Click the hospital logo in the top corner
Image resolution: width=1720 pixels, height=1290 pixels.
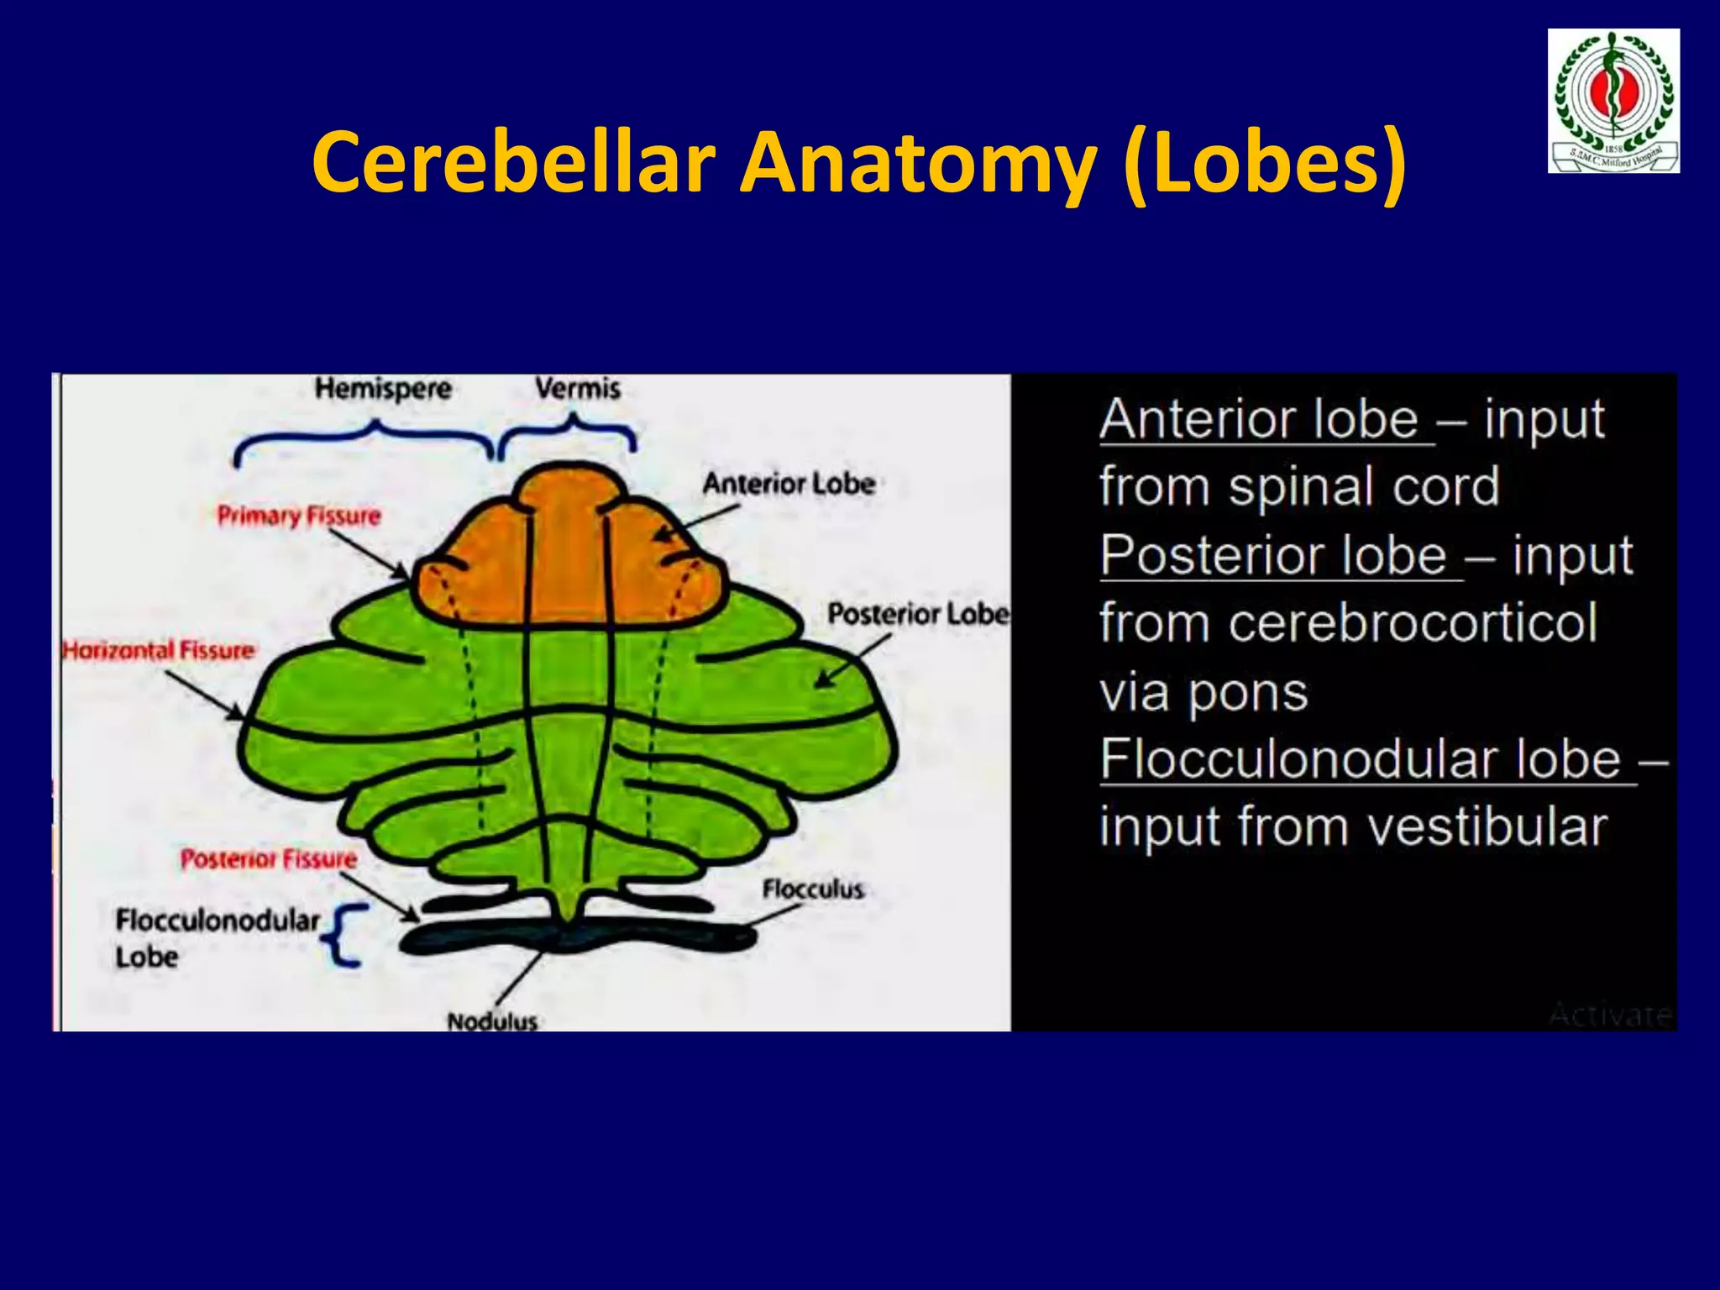[1613, 101]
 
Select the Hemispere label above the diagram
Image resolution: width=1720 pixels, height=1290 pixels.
[383, 389]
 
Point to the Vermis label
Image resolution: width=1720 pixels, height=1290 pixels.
[578, 389]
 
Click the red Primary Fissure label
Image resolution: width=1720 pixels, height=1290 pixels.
[299, 516]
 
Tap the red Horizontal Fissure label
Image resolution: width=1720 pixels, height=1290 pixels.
[158, 651]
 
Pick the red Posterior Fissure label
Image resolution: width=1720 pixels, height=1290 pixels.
[269, 859]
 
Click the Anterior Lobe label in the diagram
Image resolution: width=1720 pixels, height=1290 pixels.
[789, 484]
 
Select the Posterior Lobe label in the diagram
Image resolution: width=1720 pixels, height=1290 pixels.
[918, 614]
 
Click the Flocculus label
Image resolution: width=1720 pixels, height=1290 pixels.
[812, 889]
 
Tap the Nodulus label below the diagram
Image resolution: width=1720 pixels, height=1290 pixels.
[492, 1021]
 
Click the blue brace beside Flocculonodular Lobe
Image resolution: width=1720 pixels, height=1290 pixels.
[345, 936]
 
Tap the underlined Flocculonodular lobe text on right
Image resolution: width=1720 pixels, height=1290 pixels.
[1361, 759]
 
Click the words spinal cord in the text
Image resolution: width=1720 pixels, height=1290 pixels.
[1364, 487]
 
